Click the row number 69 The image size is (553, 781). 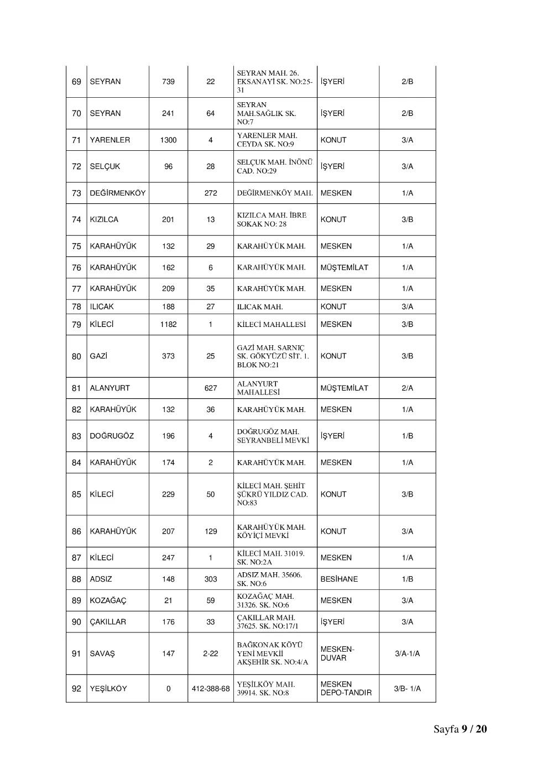76,82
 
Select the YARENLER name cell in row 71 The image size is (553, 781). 110,140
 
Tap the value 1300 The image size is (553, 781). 168,140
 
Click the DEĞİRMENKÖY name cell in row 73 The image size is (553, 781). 118,193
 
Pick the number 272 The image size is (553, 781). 211,193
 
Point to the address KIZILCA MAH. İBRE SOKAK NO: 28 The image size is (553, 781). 272,220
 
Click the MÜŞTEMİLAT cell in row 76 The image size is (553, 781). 344,268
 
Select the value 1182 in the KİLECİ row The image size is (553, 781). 168,325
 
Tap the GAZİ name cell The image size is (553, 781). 98,356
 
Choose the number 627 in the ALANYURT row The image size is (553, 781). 211,388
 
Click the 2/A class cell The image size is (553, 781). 407,388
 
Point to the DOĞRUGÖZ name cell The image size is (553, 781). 112,436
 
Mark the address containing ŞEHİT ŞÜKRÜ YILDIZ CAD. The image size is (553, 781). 272,494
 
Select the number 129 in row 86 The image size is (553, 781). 211,531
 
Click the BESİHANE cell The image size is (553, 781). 339,579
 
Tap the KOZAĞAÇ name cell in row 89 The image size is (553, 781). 108,601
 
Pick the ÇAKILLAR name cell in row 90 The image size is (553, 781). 108,622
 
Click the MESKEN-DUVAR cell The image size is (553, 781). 337,654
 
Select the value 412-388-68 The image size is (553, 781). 211,689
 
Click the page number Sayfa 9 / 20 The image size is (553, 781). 460,729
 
